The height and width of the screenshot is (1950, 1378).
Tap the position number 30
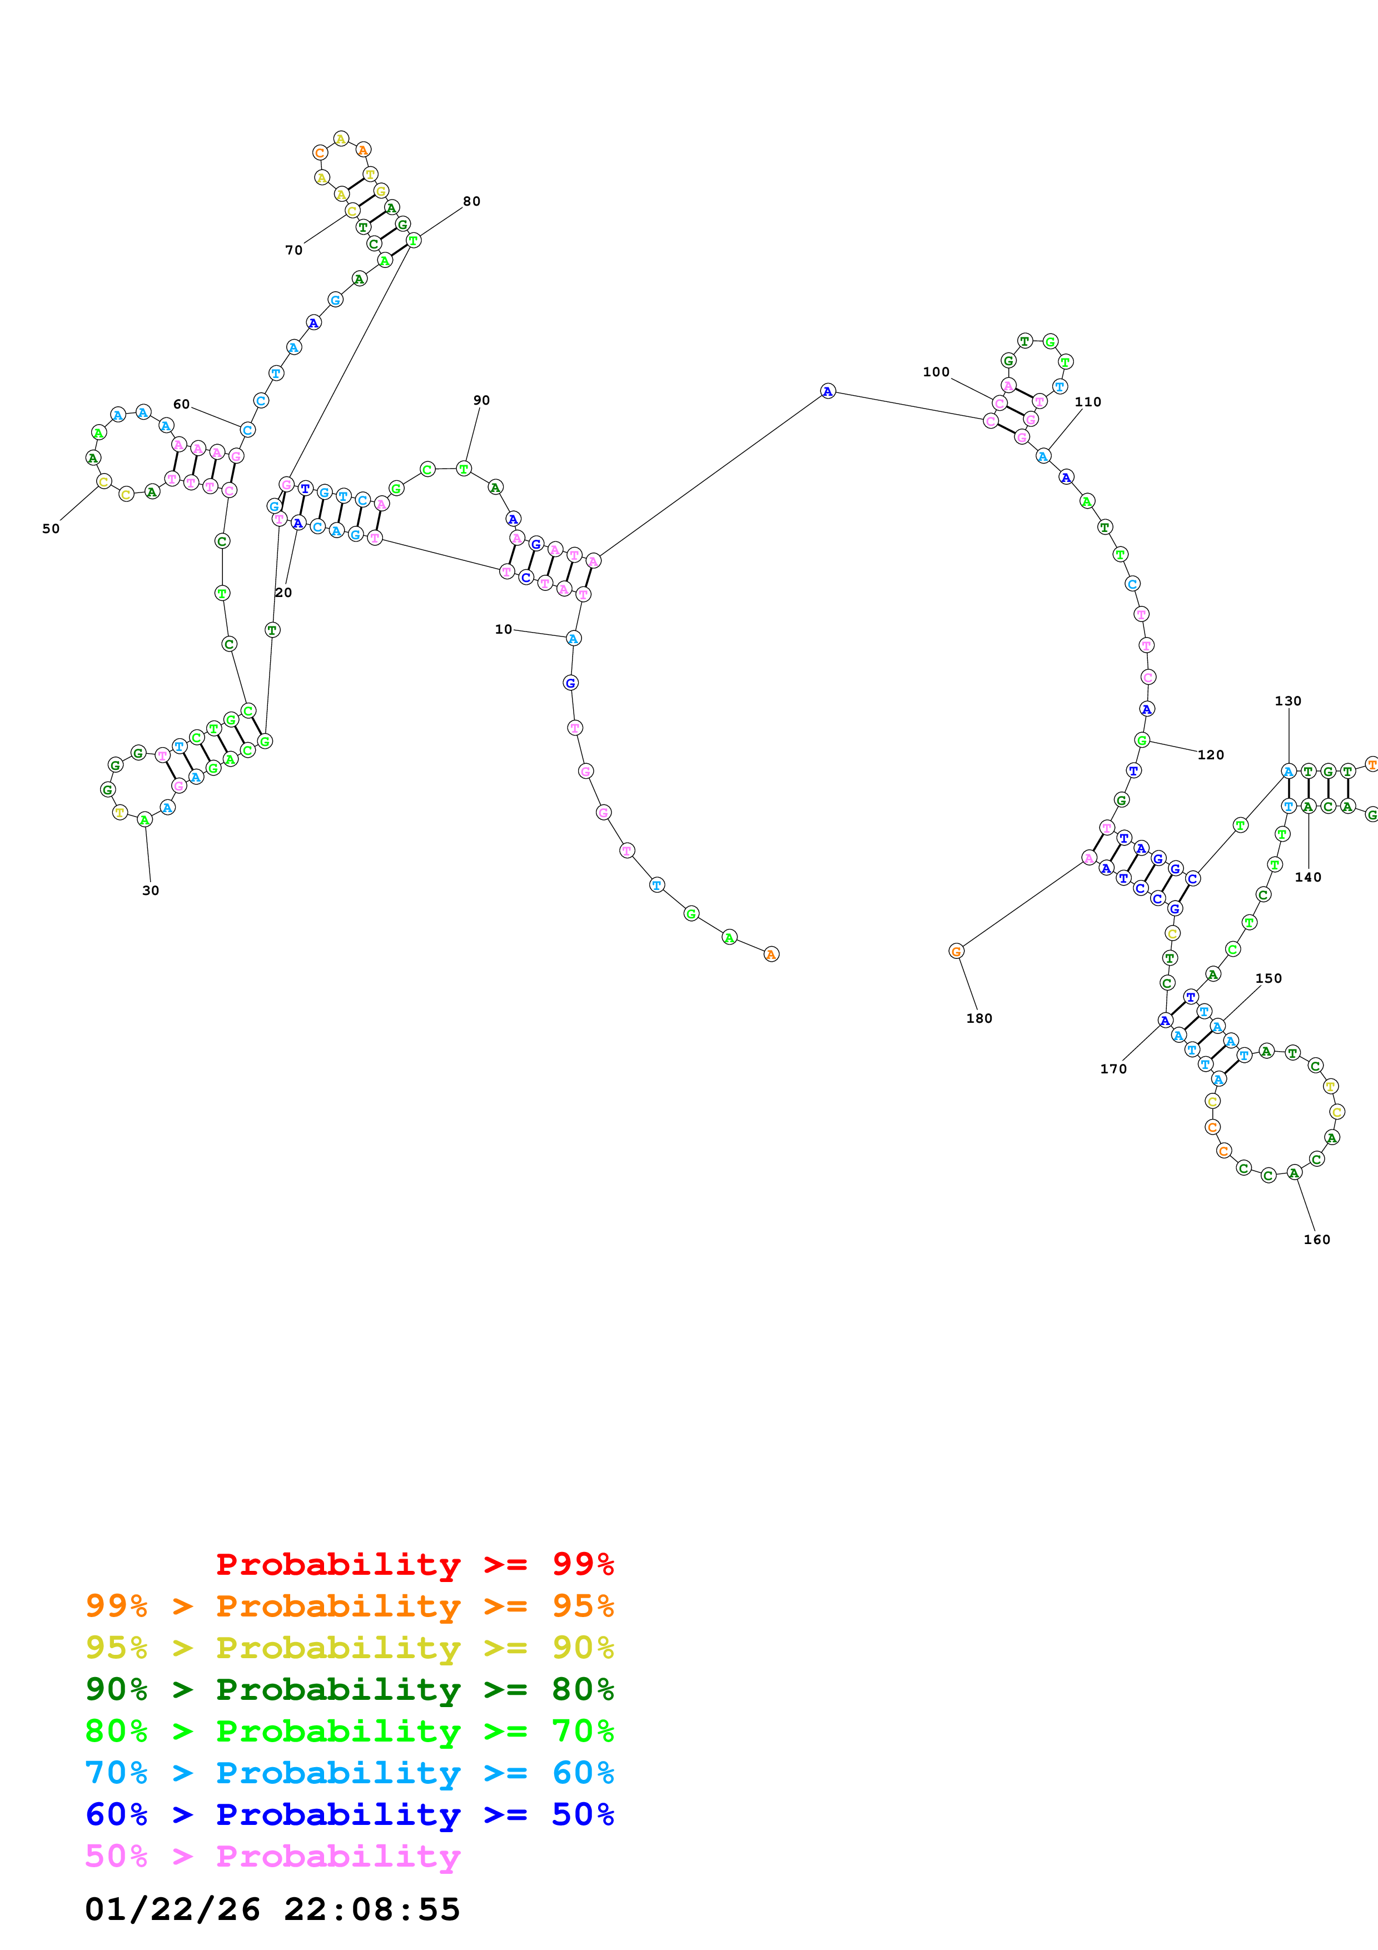tap(150, 890)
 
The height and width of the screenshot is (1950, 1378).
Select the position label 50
tap(51, 528)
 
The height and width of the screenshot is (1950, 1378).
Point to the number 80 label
tap(471, 201)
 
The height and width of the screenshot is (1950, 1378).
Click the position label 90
tap(481, 400)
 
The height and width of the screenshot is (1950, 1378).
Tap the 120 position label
tap(1210, 754)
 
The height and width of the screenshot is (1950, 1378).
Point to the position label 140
tap(1307, 877)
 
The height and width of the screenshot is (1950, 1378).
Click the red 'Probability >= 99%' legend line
tap(414, 1564)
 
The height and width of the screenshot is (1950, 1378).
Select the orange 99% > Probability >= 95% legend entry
tap(349, 1605)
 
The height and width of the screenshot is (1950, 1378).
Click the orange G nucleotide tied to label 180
tap(956, 951)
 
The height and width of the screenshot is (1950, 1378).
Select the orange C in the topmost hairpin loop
tap(319, 153)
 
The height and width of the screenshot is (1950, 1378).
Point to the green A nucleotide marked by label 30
tap(145, 819)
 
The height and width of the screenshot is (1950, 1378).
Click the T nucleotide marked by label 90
tap(464, 468)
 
